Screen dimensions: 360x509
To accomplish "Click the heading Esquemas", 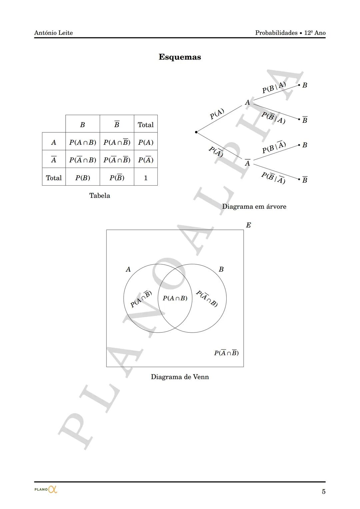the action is click(x=180, y=57).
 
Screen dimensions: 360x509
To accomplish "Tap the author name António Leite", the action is click(x=53, y=33).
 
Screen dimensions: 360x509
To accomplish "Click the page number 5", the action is click(x=323, y=492).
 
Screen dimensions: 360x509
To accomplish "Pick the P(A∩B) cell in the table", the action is click(x=83, y=142).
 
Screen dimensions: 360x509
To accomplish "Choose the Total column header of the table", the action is click(x=146, y=125).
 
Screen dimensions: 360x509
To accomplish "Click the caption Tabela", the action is click(x=100, y=195).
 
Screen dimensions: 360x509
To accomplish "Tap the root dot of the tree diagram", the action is click(x=196, y=132).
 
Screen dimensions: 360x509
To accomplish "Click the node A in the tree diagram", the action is click(x=247, y=102).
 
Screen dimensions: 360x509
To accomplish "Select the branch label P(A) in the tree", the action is click(x=217, y=114).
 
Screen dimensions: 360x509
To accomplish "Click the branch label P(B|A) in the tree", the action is click(x=274, y=87).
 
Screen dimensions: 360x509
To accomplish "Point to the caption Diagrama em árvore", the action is click(x=254, y=206).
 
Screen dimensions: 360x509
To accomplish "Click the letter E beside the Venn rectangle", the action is click(x=248, y=225).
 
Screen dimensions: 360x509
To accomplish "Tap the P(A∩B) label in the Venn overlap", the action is click(x=175, y=298).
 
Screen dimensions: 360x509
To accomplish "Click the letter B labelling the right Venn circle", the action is click(x=221, y=269).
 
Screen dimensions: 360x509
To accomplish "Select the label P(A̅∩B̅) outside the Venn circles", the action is click(x=226, y=353).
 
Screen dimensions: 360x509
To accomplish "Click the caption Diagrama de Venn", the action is click(x=180, y=377).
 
